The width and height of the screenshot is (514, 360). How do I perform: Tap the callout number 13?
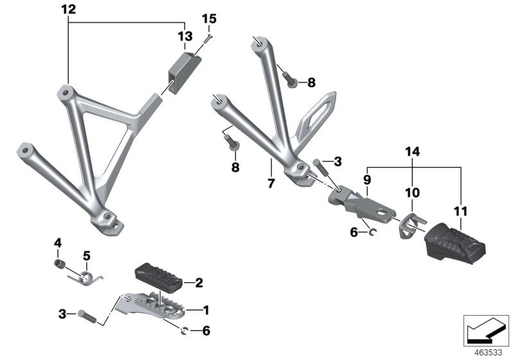coord(185,35)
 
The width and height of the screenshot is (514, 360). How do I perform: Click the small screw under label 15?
coord(206,40)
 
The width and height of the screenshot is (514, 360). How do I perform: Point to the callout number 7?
coord(271,184)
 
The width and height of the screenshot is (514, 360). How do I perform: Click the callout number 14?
coord(411,152)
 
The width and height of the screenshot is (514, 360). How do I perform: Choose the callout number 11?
coord(461,211)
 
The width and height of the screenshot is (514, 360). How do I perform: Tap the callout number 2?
coord(199,282)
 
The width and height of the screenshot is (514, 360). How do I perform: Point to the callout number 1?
coord(206,310)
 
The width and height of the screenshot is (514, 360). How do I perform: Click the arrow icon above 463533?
coord(486,329)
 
